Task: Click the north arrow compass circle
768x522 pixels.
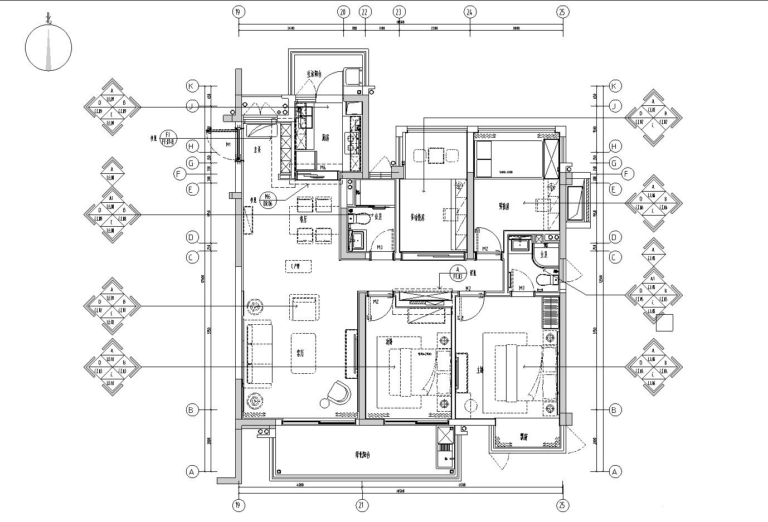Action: (48, 48)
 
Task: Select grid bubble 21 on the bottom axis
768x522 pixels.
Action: (362, 506)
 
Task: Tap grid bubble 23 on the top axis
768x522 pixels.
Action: (399, 12)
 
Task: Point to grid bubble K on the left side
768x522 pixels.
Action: (192, 86)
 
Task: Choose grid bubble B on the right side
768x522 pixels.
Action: (615, 410)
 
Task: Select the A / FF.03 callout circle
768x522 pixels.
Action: (458, 272)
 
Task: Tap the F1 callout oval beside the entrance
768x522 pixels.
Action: (168, 138)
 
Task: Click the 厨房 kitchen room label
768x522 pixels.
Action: (325, 138)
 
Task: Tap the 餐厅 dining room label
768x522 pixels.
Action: (304, 219)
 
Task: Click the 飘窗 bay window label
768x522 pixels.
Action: (524, 436)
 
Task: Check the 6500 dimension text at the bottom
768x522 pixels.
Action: (461, 485)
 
